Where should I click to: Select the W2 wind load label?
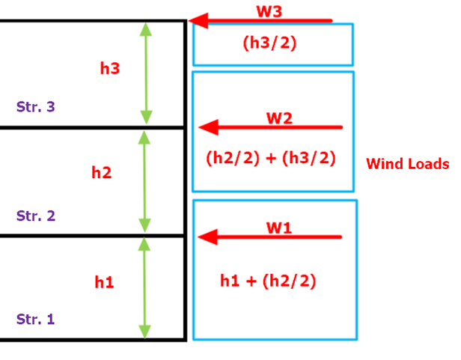[279, 118]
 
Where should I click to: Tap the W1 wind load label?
[278, 228]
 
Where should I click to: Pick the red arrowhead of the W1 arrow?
[208, 237]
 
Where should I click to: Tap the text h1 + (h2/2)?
[268, 281]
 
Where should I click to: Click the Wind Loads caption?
[407, 164]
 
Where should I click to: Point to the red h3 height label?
[110, 68]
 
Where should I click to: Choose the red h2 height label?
[101, 173]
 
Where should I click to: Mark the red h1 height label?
[104, 282]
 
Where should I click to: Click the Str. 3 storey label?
[35, 106]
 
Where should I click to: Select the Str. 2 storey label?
[35, 216]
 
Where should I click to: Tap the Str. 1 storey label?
[35, 320]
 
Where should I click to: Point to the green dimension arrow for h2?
[145, 182]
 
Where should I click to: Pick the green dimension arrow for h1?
[145, 288]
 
